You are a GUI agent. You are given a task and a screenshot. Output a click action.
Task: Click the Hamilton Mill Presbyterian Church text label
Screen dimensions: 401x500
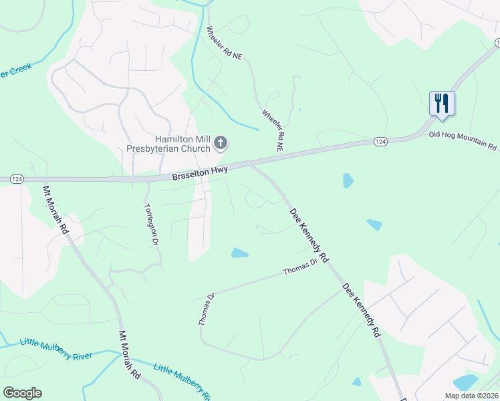(x=169, y=143)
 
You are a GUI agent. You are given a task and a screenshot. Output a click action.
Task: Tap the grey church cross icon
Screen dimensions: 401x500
(x=221, y=142)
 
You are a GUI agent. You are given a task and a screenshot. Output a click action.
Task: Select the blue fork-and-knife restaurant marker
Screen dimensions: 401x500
(x=441, y=104)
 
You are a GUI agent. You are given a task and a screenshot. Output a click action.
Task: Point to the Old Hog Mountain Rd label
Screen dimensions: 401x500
(x=464, y=140)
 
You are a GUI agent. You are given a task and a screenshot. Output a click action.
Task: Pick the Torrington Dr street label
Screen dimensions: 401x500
(x=150, y=225)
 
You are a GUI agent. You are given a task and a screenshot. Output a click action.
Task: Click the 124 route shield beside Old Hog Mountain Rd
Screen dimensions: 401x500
(x=380, y=142)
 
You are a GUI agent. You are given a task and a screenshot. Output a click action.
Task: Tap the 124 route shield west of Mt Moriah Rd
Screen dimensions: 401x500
(x=17, y=179)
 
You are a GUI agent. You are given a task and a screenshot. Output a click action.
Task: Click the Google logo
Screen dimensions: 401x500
(x=22, y=393)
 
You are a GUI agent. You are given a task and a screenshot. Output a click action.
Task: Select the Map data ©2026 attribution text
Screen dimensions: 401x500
(x=471, y=396)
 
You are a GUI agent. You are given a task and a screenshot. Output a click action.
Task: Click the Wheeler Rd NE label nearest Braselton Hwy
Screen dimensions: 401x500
(x=273, y=131)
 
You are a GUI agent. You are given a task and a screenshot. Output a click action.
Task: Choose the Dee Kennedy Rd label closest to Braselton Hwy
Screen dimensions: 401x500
(x=309, y=234)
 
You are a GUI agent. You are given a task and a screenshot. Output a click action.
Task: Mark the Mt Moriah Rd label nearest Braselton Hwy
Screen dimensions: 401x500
(x=55, y=209)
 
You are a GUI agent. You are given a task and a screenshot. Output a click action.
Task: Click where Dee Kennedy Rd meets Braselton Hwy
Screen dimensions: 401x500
(x=250, y=164)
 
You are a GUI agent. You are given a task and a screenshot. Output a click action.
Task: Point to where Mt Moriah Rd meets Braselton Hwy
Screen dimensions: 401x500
(x=43, y=180)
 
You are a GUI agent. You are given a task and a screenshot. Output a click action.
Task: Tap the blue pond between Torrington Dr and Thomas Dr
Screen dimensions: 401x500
(x=240, y=253)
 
